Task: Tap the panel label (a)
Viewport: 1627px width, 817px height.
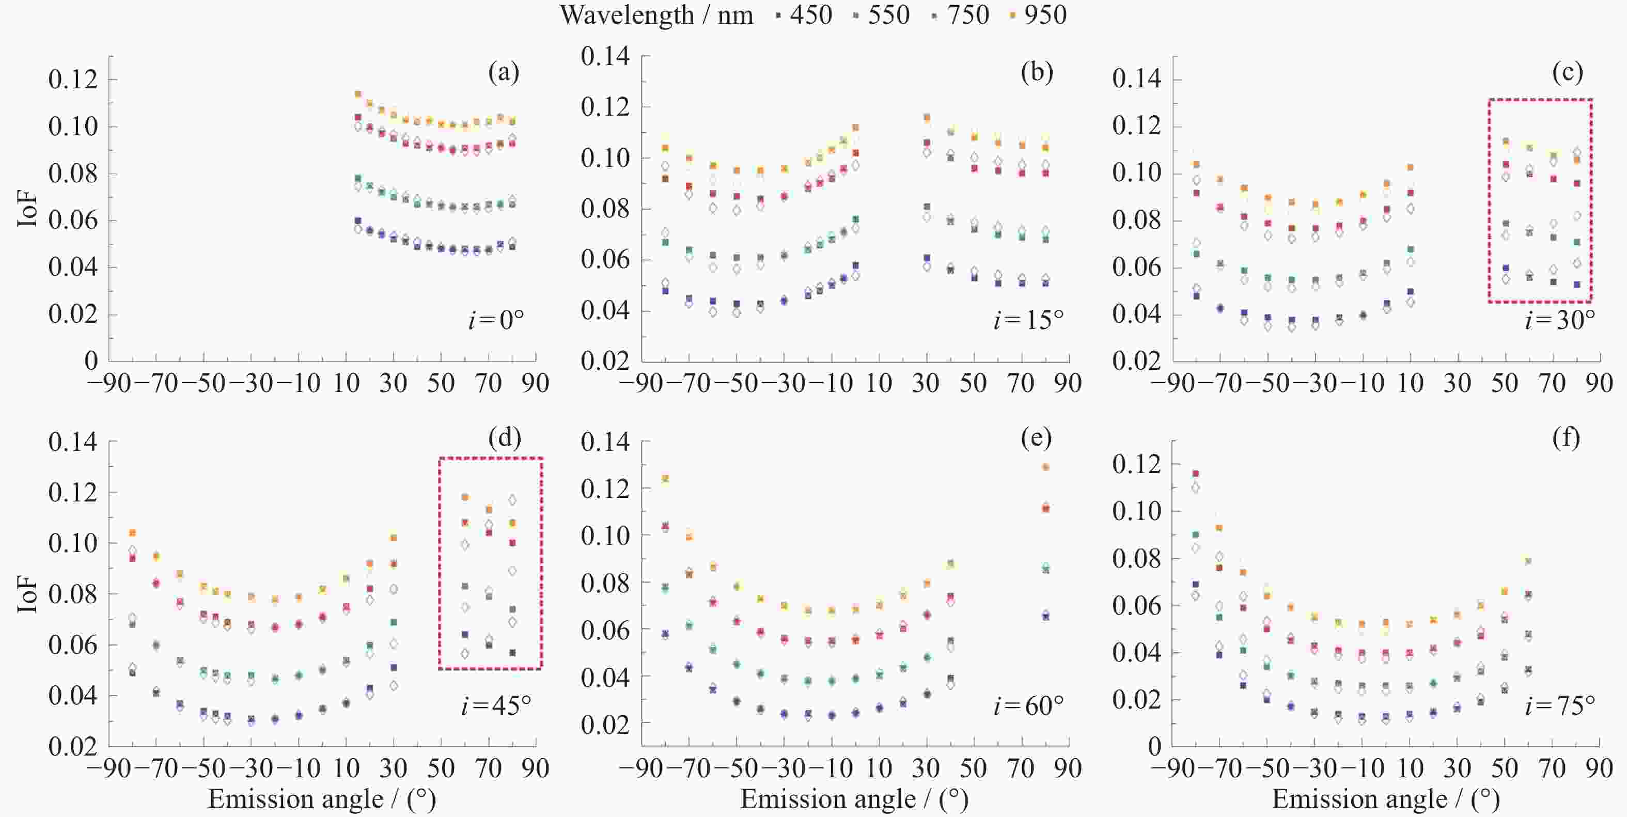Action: pyautogui.click(x=504, y=73)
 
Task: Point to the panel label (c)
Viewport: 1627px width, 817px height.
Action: pyautogui.click(x=1567, y=73)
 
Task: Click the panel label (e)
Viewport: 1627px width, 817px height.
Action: pyautogui.click(x=1036, y=437)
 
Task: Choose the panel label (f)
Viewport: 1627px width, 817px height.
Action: pyautogui.click(x=1566, y=437)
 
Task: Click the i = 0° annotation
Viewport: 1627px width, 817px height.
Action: pyautogui.click(x=496, y=320)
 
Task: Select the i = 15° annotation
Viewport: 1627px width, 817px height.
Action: pyautogui.click(x=1028, y=320)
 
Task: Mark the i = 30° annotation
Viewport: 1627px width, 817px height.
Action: pyautogui.click(x=1559, y=320)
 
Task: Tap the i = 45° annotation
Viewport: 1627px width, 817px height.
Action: pyautogui.click(x=496, y=705)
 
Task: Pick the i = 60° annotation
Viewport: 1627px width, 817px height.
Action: pyautogui.click(x=1028, y=705)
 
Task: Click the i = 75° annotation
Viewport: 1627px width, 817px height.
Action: pyautogui.click(x=1559, y=705)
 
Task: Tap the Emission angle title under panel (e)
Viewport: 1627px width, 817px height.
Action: pyautogui.click(x=854, y=799)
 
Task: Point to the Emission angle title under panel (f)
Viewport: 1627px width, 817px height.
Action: pyautogui.click(x=1386, y=799)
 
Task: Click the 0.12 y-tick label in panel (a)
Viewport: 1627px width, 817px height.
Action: pyautogui.click(x=73, y=80)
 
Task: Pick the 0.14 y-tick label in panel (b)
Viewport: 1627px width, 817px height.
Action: pyautogui.click(x=605, y=56)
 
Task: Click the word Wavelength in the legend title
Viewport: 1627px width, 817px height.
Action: pyautogui.click(x=627, y=14)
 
